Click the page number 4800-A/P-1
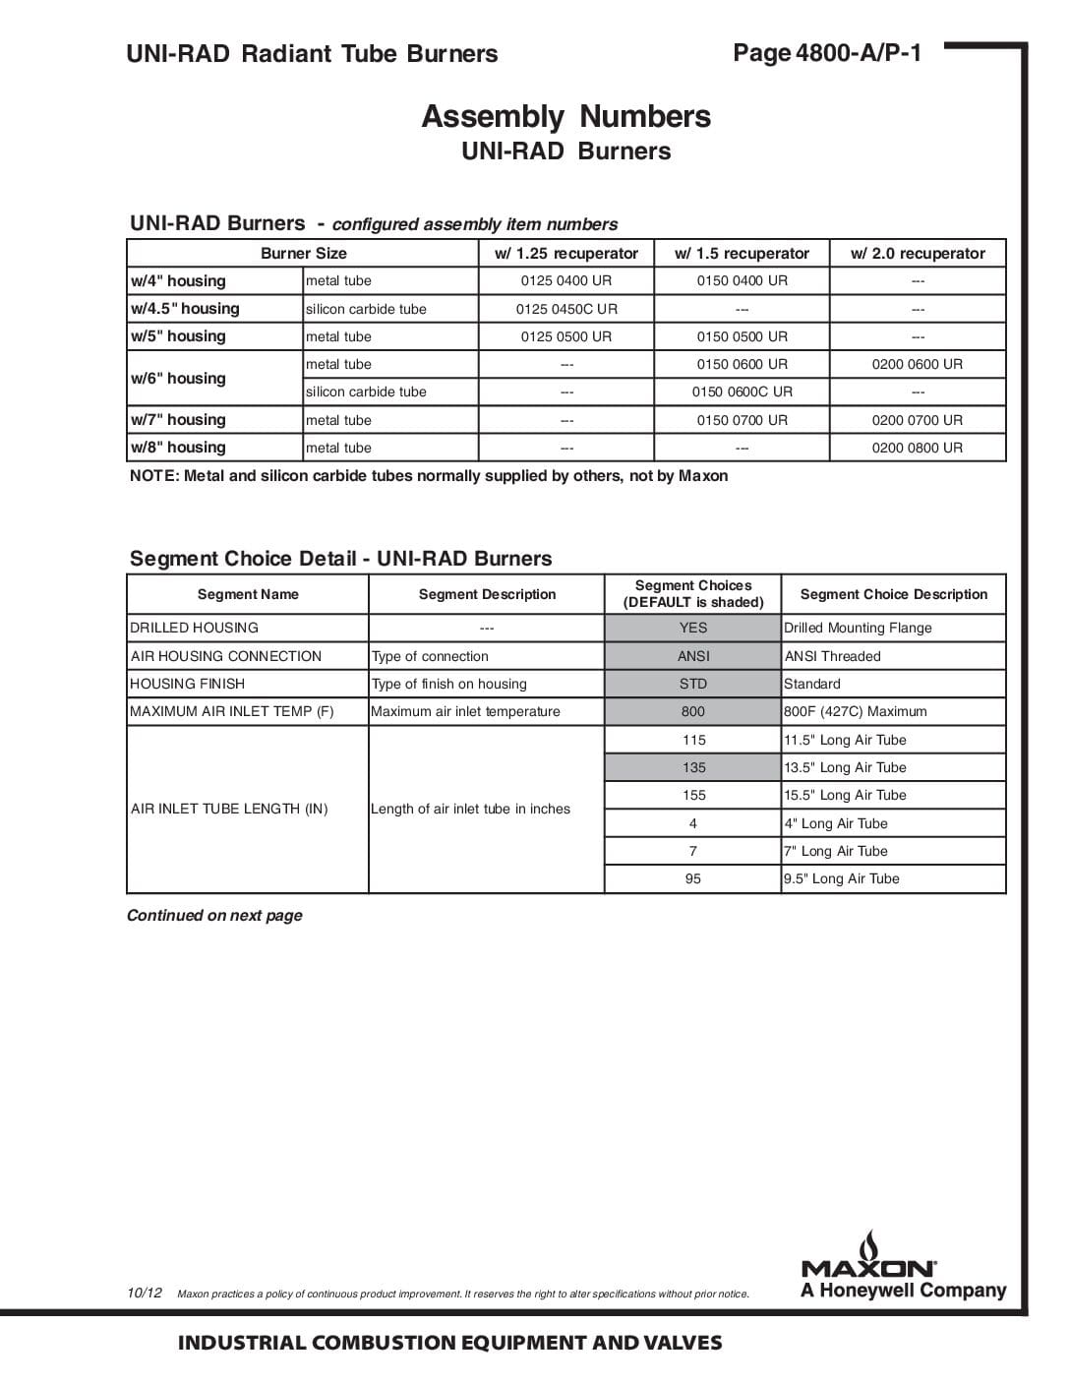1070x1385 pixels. [x=827, y=53]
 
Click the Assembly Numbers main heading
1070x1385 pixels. [x=565, y=117]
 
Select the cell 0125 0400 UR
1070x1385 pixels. [x=566, y=281]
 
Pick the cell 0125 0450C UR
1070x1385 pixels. [x=566, y=309]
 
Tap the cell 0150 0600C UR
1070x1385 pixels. [x=742, y=391]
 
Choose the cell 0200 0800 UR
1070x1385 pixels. [x=917, y=448]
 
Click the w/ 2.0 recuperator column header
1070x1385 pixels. [x=917, y=254]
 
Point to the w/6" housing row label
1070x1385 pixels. [x=179, y=379]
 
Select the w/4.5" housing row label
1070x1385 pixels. [x=185, y=309]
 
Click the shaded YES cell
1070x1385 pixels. [x=692, y=628]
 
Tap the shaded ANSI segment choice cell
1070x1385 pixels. [x=692, y=656]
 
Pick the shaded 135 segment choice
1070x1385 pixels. [x=692, y=767]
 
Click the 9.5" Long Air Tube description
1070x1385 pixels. [x=842, y=878]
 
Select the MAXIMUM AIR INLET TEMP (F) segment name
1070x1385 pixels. [x=232, y=711]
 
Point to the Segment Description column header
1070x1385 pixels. [x=487, y=594]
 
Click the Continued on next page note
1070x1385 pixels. [x=214, y=916]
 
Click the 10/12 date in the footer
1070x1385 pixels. [x=145, y=1293]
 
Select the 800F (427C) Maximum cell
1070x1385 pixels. [x=855, y=711]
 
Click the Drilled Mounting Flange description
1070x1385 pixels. [x=858, y=628]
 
